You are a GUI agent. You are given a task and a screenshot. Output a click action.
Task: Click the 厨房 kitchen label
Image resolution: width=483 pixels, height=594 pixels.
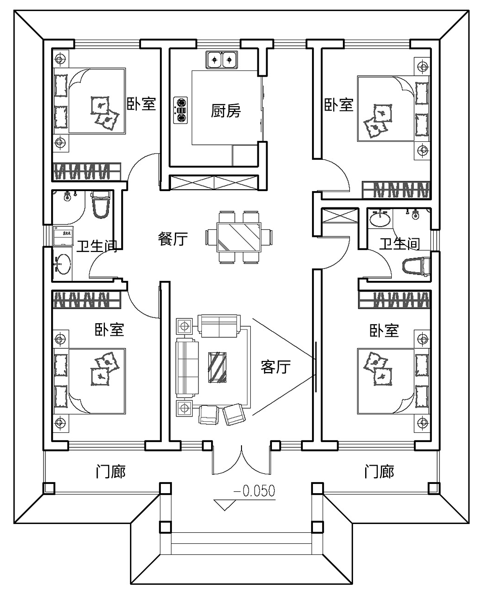tap(226, 111)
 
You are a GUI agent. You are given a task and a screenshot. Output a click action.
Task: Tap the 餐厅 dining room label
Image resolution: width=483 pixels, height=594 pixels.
tap(173, 239)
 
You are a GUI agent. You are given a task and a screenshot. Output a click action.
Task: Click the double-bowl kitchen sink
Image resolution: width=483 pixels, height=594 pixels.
tap(222, 60)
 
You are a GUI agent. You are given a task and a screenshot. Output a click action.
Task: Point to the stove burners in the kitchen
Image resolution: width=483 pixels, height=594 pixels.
tap(180, 110)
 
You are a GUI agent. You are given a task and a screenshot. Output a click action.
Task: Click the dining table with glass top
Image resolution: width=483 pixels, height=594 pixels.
tap(239, 237)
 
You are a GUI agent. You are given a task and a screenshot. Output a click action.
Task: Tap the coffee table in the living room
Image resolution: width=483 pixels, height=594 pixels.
tap(217, 367)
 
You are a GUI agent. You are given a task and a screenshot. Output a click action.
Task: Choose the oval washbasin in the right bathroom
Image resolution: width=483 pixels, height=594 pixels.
tap(380, 219)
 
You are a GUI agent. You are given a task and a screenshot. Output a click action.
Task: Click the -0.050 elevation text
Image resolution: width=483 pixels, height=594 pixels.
tap(254, 491)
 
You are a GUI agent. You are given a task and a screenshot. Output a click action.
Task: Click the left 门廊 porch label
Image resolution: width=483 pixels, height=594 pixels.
tap(111, 471)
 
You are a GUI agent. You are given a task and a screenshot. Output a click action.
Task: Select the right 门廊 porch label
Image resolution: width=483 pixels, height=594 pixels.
tap(380, 471)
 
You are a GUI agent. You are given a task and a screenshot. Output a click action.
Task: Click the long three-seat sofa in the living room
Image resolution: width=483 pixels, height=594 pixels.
tap(187, 368)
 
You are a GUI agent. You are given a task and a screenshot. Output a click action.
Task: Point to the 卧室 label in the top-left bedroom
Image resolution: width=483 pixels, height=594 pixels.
tap(141, 104)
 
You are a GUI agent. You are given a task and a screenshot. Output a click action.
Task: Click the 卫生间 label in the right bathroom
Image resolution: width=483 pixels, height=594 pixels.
tap(399, 244)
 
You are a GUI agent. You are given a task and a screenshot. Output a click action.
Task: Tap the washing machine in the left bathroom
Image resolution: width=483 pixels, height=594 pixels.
tap(63, 235)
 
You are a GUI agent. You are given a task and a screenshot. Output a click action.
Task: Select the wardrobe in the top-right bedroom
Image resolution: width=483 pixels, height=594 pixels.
tap(396, 190)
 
